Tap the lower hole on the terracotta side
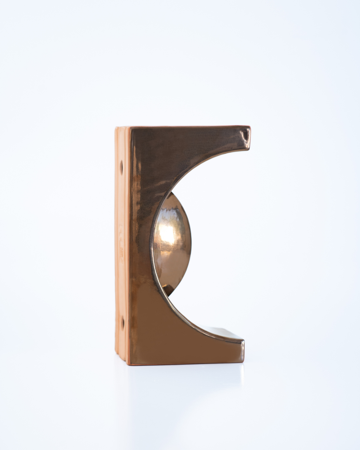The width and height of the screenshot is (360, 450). tap(122, 322)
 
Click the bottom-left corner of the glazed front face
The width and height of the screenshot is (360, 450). tap(130, 363)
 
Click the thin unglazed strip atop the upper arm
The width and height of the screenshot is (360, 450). tap(187, 127)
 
